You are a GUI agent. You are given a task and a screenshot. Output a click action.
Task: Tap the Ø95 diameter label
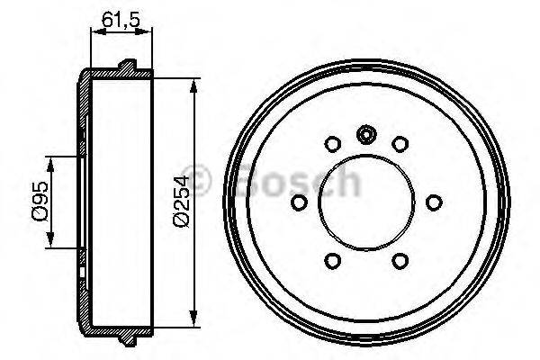40,200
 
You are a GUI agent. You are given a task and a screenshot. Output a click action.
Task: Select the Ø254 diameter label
181,200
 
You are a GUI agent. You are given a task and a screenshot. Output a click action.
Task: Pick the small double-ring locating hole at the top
365,135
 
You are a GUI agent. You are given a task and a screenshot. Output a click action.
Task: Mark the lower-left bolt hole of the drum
331,260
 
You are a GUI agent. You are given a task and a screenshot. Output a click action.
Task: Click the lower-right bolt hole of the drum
400,260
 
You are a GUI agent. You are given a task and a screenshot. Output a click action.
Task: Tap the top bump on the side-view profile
128,66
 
